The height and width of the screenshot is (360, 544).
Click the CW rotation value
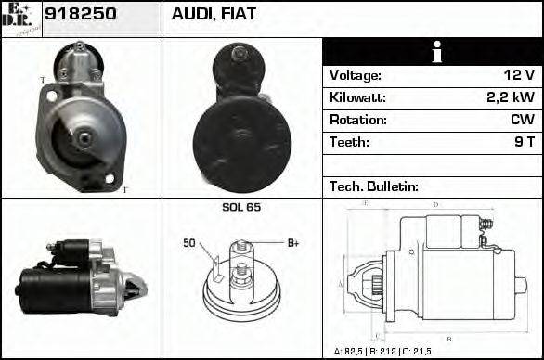click(523, 120)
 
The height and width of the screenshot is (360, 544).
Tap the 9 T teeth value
click(525, 142)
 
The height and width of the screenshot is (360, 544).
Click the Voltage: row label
click(356, 75)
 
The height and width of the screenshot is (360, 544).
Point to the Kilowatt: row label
click(357, 97)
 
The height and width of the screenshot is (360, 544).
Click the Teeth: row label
click(349, 142)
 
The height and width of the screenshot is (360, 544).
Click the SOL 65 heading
click(241, 207)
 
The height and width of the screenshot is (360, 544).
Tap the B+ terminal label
click(292, 243)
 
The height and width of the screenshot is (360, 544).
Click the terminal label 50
click(189, 243)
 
